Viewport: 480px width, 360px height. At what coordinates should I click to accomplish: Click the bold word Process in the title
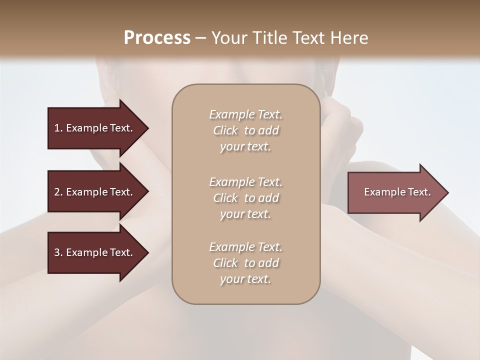pos(157,38)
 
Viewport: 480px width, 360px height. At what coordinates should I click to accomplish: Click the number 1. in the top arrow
pos(58,128)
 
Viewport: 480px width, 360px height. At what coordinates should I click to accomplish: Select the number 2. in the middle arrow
pos(58,192)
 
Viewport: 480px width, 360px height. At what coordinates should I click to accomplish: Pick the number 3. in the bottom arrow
pos(58,252)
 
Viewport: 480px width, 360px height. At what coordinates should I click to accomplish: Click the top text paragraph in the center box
pos(246,130)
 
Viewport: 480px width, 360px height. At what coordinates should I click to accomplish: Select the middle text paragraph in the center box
pos(246,198)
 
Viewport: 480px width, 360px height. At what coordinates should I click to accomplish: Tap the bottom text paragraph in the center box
pos(246,263)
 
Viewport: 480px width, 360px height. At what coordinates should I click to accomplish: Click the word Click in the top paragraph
pos(225,130)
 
